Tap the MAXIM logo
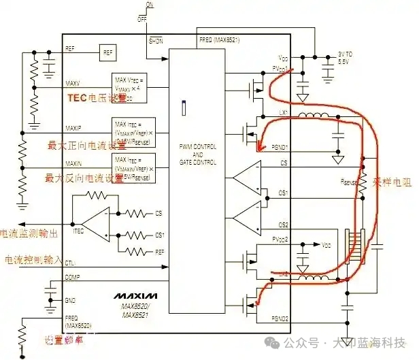coord(135,296)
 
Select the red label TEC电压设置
coord(97,98)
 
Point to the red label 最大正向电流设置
coord(86,145)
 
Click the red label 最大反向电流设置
coord(86,178)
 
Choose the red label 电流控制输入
coord(33,261)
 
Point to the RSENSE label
coord(349,182)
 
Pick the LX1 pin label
coord(283,113)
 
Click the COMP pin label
coord(72,278)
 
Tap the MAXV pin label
coord(73,83)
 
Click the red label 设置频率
coord(67,340)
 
